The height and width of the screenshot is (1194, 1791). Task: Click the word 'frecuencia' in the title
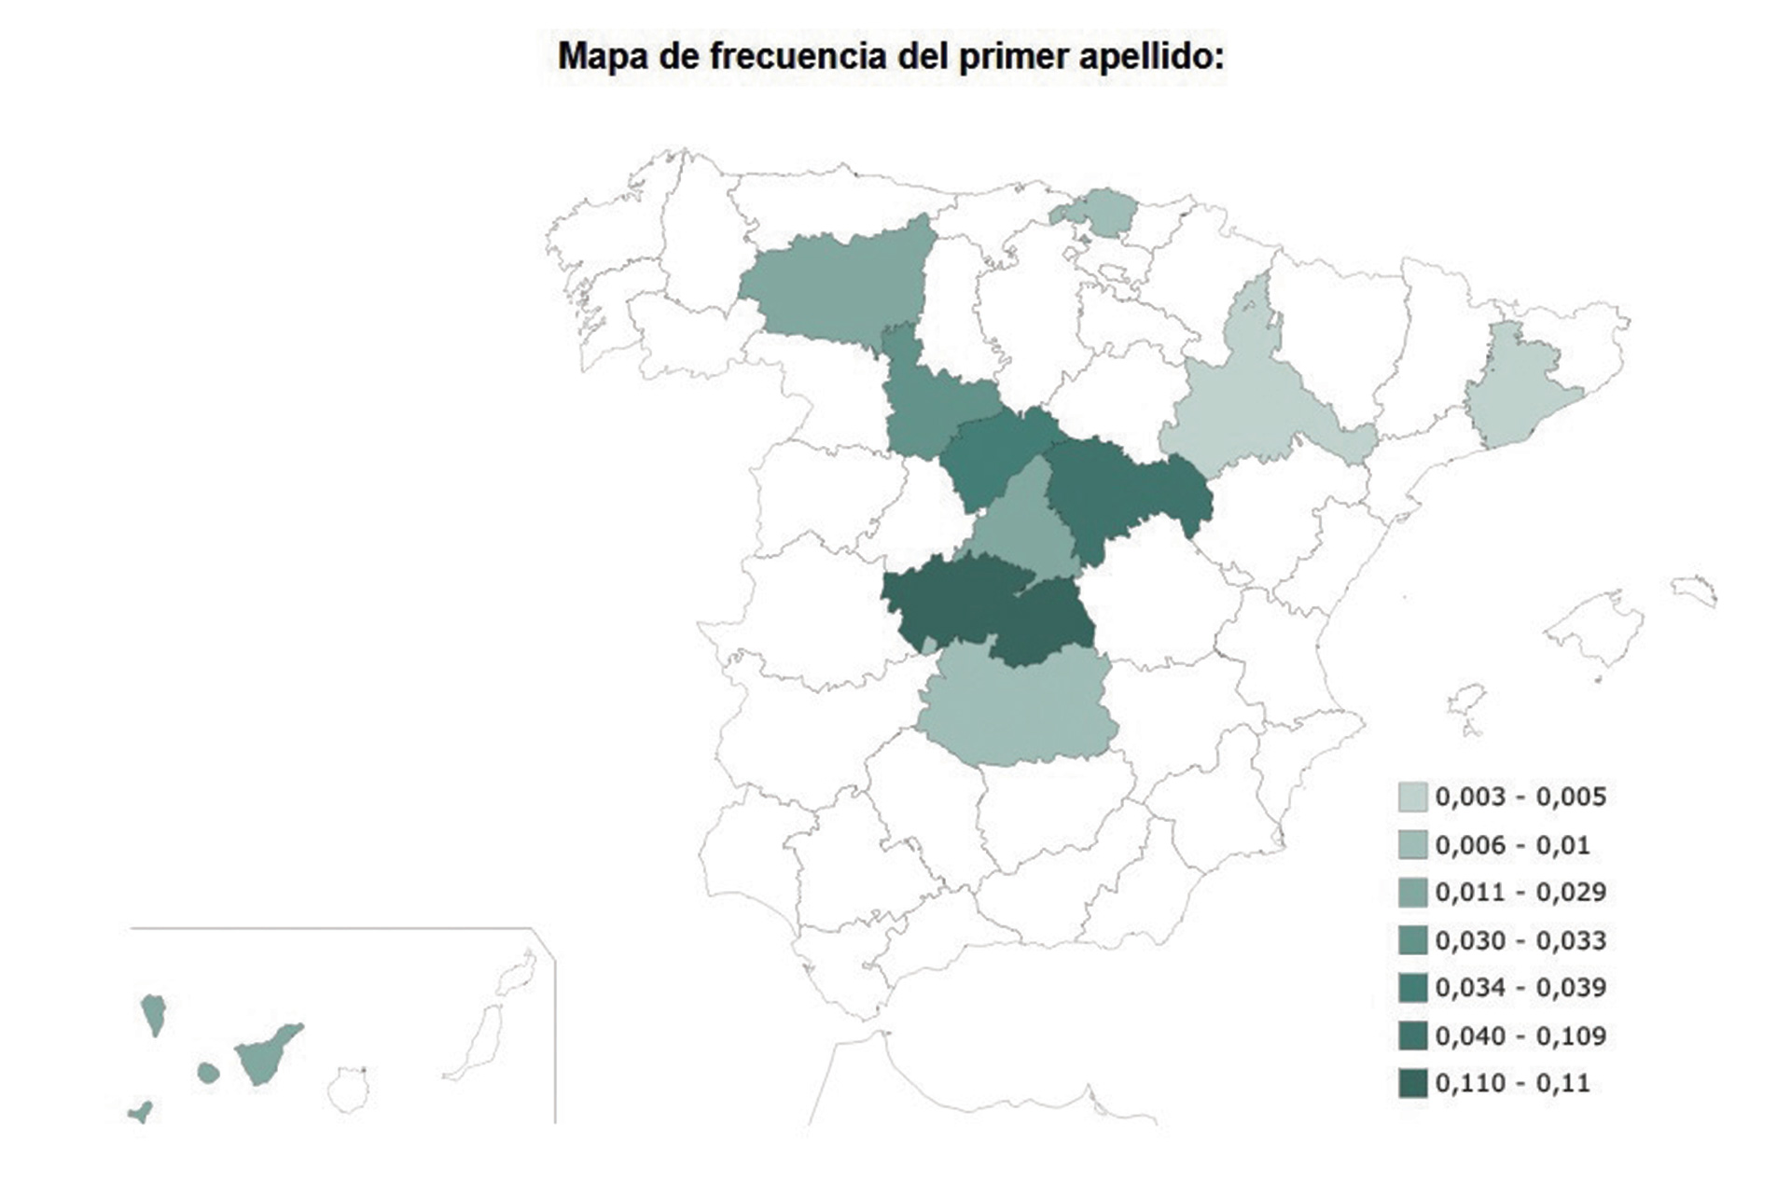[x=798, y=57]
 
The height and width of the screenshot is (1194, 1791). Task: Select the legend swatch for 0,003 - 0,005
[x=1412, y=797]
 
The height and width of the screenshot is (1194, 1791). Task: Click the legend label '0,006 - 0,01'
[x=1512, y=845]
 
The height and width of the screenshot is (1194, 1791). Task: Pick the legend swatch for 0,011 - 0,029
[x=1412, y=893]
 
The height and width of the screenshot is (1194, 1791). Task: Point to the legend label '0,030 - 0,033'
[x=1520, y=940]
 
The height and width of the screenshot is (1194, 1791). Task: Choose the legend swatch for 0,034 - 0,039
[x=1412, y=988]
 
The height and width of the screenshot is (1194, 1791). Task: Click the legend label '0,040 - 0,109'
[x=1520, y=1035]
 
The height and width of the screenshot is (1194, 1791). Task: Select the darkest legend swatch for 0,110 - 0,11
[x=1412, y=1083]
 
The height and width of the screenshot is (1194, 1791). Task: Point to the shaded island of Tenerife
[x=266, y=1054]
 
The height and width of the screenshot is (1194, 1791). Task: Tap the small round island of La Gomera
[x=208, y=1073]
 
